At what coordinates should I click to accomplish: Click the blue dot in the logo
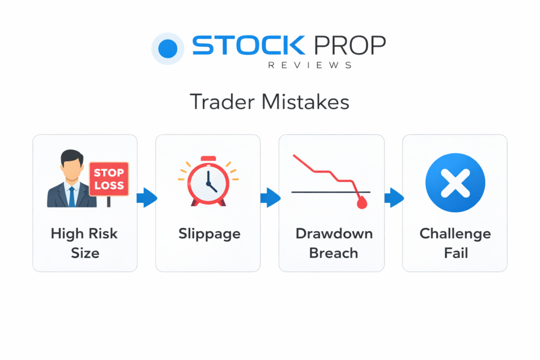168,48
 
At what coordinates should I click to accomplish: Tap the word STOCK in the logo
249,45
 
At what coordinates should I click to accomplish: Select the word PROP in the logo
350,45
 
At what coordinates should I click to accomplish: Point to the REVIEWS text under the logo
310,65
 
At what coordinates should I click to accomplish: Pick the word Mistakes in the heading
305,102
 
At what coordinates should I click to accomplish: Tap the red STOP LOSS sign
109,179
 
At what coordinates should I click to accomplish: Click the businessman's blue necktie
72,197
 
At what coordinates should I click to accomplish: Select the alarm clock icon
208,181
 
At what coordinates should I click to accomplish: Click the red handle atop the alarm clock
208,159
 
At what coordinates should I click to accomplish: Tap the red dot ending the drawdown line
362,203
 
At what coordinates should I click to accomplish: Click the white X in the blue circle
455,183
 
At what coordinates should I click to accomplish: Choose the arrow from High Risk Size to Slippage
147,198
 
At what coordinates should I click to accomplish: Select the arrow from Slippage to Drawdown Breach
271,198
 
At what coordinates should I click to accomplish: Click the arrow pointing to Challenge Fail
394,198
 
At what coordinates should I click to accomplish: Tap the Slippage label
209,234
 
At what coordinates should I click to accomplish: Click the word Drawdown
334,233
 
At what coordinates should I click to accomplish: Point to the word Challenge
455,234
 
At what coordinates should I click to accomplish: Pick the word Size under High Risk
85,253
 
